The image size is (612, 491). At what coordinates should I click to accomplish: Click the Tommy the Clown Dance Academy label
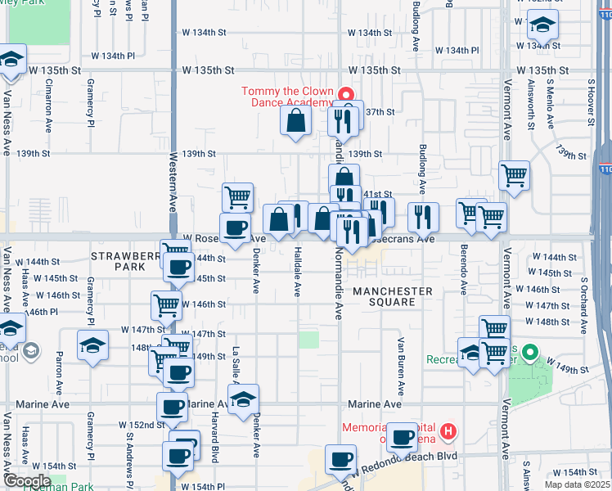[x=287, y=97]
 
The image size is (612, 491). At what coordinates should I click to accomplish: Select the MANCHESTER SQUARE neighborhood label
[x=393, y=296]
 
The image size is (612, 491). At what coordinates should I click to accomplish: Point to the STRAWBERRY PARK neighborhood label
[x=123, y=261]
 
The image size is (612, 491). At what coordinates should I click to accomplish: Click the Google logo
[x=27, y=481]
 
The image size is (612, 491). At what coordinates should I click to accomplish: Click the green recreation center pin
[x=529, y=354]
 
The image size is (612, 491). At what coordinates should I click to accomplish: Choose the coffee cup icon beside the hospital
[x=402, y=437]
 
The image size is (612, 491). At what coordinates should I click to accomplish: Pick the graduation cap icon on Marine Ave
[x=243, y=399]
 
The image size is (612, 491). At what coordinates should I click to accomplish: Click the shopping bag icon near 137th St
[x=295, y=120]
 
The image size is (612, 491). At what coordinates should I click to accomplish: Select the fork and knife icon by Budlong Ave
[x=423, y=217]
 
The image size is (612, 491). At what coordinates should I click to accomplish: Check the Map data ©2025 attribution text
[x=578, y=484]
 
